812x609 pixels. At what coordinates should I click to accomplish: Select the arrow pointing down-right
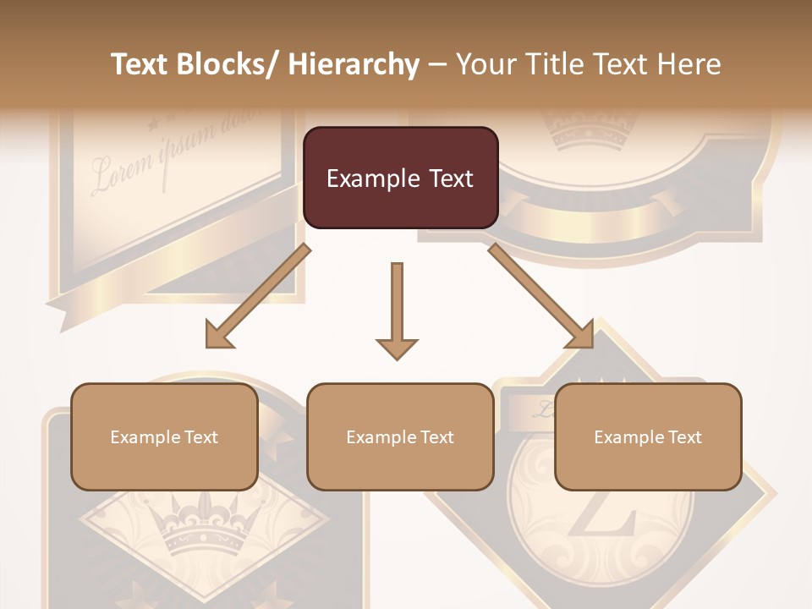pos(542,297)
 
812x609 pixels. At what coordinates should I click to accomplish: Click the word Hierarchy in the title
pos(354,64)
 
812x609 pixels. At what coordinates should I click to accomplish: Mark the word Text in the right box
pos(684,437)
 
